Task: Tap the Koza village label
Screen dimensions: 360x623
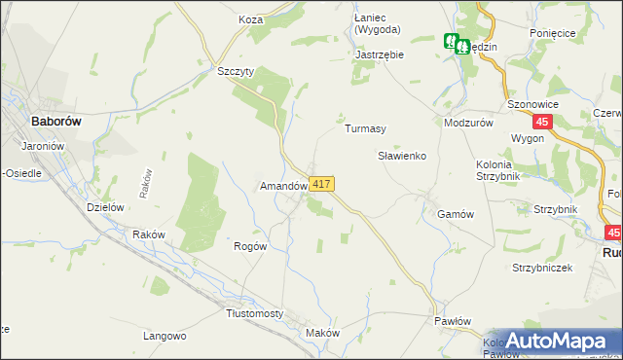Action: pyautogui.click(x=251, y=18)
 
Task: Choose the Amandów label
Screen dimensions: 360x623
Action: pyautogui.click(x=283, y=185)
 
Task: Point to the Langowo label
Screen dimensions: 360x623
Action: pyautogui.click(x=165, y=336)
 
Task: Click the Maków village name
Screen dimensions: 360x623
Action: pyautogui.click(x=322, y=333)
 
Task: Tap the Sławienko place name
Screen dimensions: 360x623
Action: pyautogui.click(x=402, y=156)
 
